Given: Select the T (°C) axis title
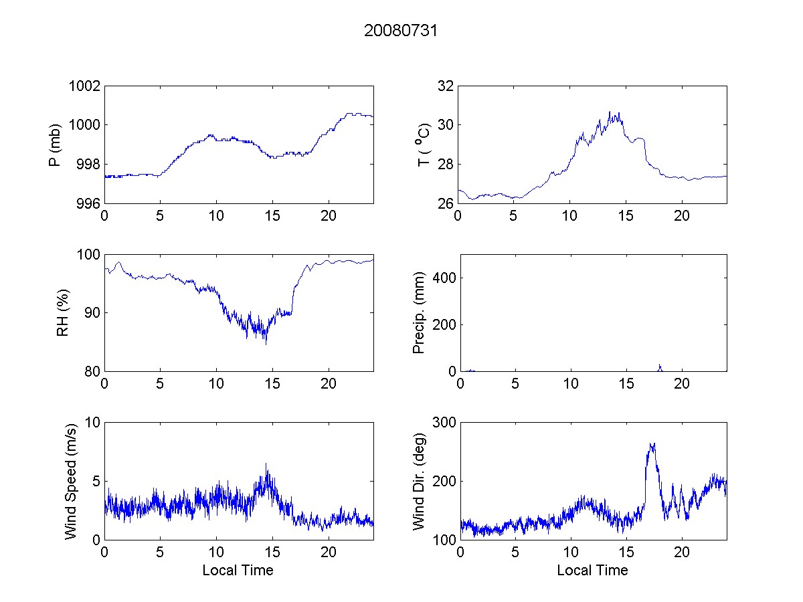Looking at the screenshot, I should [423, 144].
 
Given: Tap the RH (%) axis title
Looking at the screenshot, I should [63, 313].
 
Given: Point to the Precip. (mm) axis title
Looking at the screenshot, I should [419, 313].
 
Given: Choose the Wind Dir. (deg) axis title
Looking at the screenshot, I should [419, 481].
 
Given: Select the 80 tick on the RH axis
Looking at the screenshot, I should [92, 372].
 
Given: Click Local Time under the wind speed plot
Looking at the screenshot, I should [238, 571].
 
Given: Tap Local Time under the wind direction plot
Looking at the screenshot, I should [592, 571].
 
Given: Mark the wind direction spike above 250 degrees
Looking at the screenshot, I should [651, 445].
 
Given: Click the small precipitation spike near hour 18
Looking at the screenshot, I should [660, 366].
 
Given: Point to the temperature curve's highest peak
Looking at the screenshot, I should [610, 112].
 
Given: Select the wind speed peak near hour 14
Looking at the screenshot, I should [266, 464].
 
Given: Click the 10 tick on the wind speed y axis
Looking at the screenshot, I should [92, 423].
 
